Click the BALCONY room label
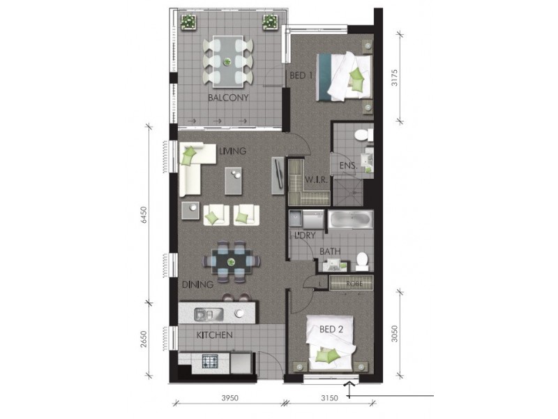click(228, 98)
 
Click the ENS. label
click(348, 166)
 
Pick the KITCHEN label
click(213, 335)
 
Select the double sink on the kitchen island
click(209, 314)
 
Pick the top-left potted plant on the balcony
click(188, 22)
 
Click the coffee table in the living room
click(234, 182)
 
